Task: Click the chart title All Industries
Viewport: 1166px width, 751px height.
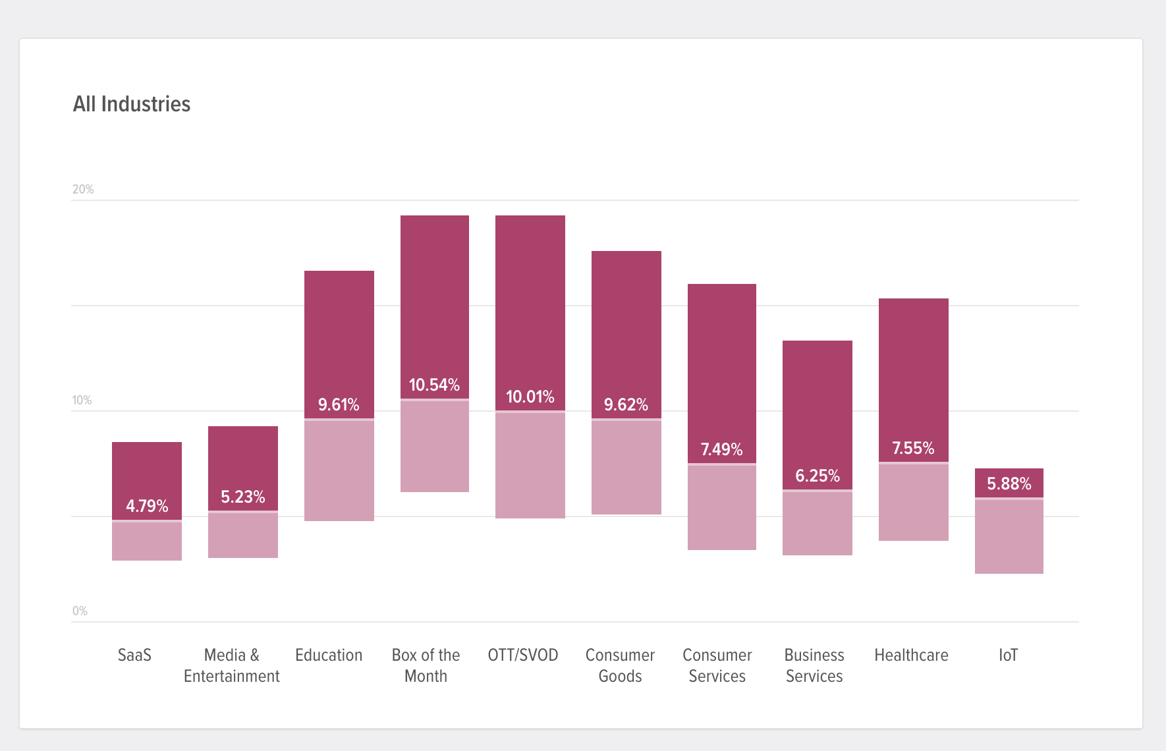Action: (132, 104)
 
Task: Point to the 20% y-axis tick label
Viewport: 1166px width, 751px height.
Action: (83, 190)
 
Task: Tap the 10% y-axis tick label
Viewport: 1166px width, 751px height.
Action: (82, 401)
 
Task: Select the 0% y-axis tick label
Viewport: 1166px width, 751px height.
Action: (80, 611)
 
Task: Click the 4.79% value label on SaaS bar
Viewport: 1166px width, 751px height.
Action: (147, 506)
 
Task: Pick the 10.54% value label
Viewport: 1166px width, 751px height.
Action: (434, 385)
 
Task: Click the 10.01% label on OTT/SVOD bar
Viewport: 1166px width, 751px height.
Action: (530, 397)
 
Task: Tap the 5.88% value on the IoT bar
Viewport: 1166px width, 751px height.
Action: (1009, 484)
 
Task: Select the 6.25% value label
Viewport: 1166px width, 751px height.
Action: (817, 476)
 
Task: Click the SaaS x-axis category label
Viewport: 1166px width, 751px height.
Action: (134, 655)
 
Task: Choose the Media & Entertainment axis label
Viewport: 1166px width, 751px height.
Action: (231, 665)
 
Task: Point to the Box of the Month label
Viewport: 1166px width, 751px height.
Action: (426, 665)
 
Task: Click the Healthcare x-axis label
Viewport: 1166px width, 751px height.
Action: (911, 655)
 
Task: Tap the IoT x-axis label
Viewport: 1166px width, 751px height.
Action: (1008, 655)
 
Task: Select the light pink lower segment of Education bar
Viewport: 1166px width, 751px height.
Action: (339, 471)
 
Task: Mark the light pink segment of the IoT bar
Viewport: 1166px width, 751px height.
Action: (1009, 537)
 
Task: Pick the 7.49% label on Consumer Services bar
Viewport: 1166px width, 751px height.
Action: (721, 449)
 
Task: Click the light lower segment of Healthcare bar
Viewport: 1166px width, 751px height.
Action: (913, 502)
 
